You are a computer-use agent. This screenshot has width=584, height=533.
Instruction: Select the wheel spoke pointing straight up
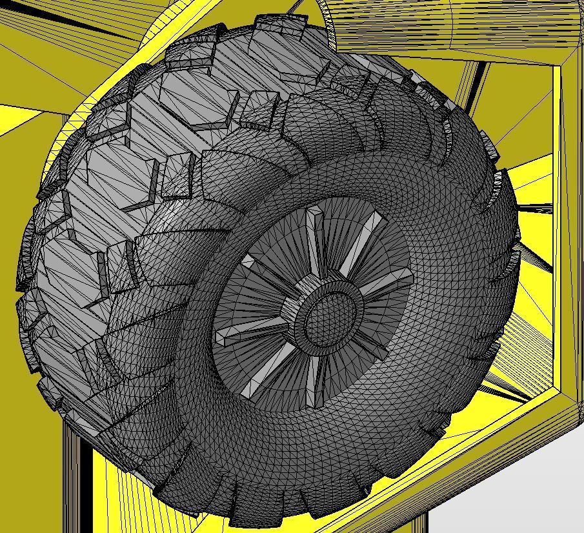point(316,239)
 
